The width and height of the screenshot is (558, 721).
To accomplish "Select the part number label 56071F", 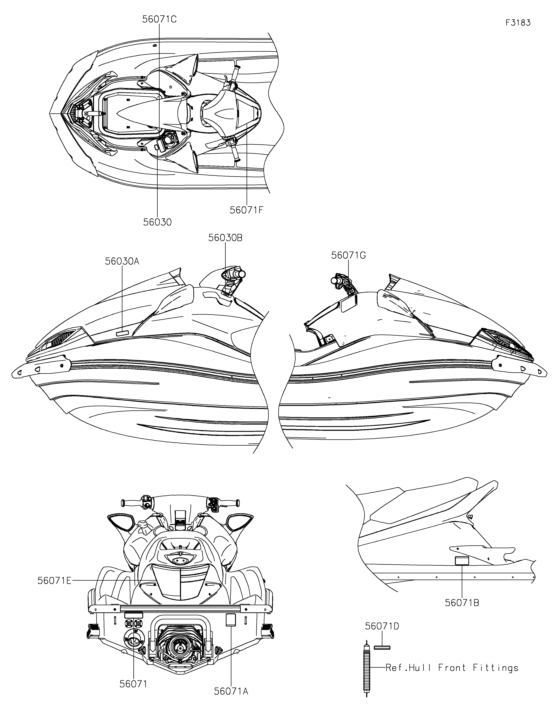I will pos(247,210).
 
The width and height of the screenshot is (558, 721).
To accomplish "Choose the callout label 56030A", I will pos(122,261).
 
